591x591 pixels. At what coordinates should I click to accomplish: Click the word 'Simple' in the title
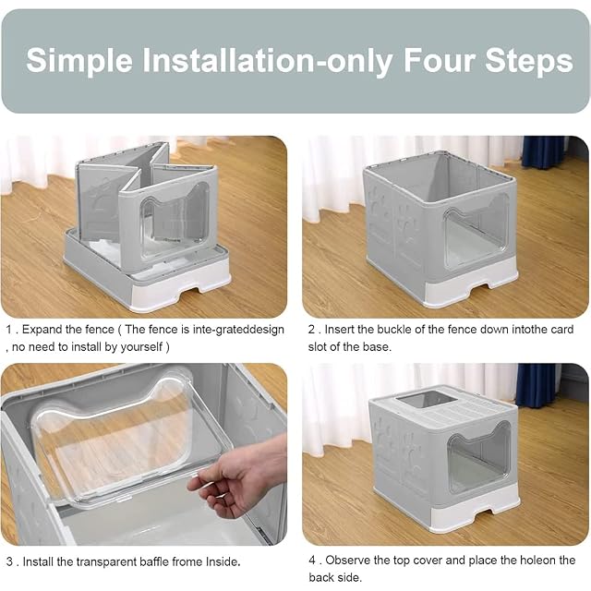(79, 60)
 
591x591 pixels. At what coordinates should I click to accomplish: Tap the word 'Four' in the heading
(440, 60)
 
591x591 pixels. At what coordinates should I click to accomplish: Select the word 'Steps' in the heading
(529, 61)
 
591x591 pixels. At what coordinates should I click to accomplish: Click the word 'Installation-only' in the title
(267, 61)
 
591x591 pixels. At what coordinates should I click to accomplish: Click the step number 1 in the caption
(9, 330)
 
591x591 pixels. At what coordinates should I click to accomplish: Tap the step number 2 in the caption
(312, 330)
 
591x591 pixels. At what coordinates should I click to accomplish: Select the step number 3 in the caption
(10, 562)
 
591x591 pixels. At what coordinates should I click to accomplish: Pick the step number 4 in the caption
(312, 561)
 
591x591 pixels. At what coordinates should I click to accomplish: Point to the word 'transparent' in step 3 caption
(107, 562)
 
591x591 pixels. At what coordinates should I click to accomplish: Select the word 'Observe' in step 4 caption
(348, 561)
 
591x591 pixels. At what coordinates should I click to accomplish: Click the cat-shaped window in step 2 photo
(476, 230)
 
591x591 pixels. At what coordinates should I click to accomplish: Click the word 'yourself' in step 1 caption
(141, 347)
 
